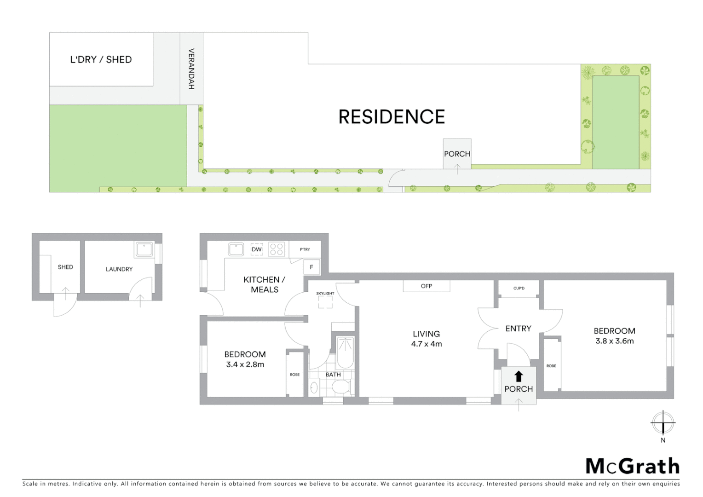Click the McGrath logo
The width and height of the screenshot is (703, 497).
[x=633, y=466]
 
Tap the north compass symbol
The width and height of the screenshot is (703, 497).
[x=663, y=422]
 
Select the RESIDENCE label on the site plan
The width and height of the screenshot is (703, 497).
[x=392, y=117]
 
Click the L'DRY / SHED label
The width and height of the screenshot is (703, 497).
[x=101, y=59]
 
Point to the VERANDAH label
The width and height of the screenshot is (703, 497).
[x=191, y=69]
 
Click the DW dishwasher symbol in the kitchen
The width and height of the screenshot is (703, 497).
[x=256, y=249]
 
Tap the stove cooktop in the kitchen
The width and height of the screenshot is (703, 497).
[x=276, y=249]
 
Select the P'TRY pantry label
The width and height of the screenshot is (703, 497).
[x=305, y=249]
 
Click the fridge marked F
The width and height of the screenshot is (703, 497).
[x=311, y=267]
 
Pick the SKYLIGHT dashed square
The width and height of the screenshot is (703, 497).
[x=325, y=302]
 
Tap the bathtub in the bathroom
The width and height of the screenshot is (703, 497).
[x=345, y=352]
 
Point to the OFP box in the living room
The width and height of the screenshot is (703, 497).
[x=426, y=286]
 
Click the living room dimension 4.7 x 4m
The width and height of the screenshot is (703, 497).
[x=426, y=344]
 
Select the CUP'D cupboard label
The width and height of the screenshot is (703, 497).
[x=519, y=289]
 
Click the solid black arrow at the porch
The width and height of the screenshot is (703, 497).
[x=519, y=376]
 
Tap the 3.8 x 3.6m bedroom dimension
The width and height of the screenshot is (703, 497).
[x=614, y=341]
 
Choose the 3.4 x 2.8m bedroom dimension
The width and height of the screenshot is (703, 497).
[x=245, y=364]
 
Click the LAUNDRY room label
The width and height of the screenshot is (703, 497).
[x=119, y=269]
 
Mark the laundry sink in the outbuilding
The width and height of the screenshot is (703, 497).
[x=144, y=250]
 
